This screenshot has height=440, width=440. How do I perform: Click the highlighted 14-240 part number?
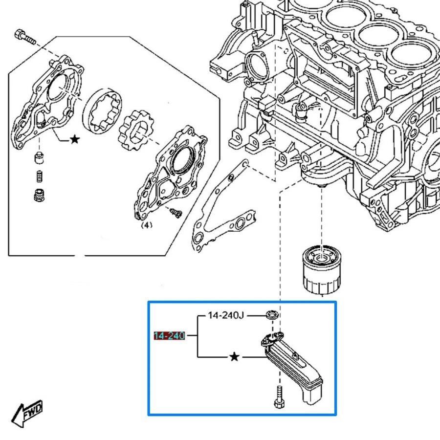(169, 335)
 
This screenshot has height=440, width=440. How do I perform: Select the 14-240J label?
(226, 315)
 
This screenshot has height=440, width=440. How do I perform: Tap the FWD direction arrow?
(27, 413)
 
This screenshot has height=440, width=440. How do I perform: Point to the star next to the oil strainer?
(234, 357)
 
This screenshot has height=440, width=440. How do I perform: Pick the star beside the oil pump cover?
(75, 139)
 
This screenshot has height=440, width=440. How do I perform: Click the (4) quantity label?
(147, 225)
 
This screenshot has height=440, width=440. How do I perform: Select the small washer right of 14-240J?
(272, 314)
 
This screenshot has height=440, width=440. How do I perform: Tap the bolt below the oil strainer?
(279, 397)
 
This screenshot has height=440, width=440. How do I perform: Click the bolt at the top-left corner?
(25, 37)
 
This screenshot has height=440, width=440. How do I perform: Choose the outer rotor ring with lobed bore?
(103, 111)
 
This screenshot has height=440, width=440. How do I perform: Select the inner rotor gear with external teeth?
(136, 130)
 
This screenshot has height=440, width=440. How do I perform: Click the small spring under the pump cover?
(40, 176)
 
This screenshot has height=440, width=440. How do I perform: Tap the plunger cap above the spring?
(39, 157)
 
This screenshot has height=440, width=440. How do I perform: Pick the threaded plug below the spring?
(39, 195)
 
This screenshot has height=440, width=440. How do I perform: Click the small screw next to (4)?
(176, 213)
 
